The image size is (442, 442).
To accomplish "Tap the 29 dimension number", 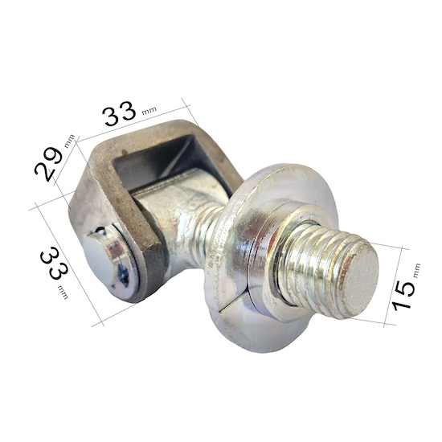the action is coord(48,164).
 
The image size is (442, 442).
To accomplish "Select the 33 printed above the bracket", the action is coord(119,113).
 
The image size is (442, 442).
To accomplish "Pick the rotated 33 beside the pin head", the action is coord(54,264).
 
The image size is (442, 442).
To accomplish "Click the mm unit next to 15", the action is coord(416,270).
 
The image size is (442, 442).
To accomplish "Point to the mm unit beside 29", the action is coord(70,141).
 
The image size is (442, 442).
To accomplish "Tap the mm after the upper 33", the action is coord(149,111).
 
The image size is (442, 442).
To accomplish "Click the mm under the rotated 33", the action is coord(63,292).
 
